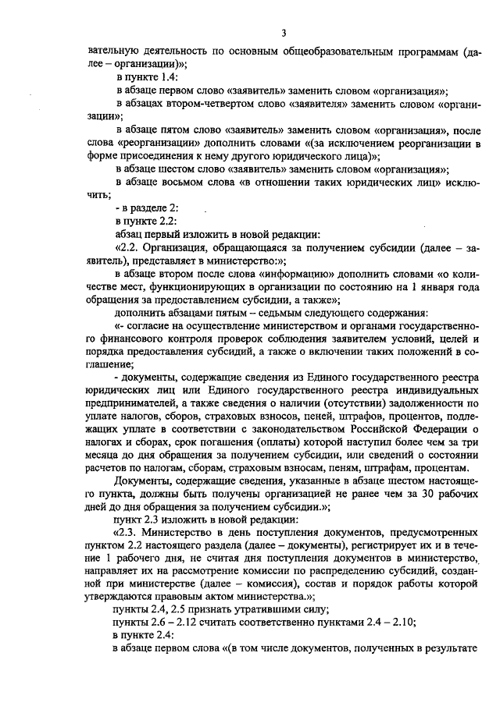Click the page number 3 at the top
coord(284,33)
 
